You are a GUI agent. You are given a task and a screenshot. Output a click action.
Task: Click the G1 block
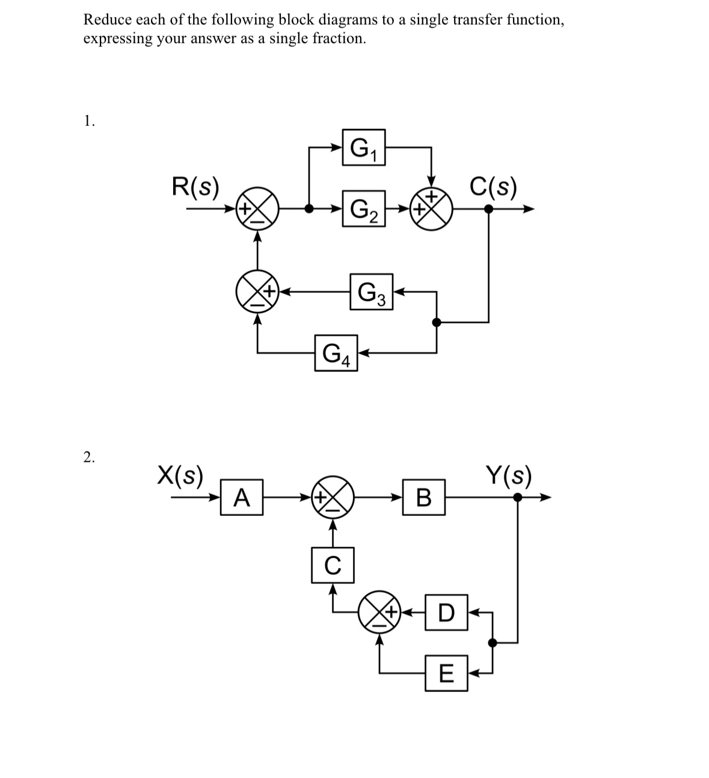(x=363, y=147)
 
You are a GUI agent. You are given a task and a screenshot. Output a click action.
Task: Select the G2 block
(x=363, y=209)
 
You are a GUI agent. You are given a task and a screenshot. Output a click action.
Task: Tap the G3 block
(x=371, y=292)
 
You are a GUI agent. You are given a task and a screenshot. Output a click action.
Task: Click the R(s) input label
(x=195, y=186)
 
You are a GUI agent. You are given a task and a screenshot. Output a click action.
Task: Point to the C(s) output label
(x=493, y=187)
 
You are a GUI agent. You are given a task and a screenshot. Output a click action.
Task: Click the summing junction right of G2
(x=431, y=209)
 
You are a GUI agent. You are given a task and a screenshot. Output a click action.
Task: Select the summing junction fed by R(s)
(x=257, y=209)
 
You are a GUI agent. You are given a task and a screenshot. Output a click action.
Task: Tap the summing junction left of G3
(x=257, y=292)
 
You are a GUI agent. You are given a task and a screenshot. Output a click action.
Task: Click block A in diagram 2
(x=241, y=497)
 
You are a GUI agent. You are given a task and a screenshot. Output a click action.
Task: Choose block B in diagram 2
(x=424, y=497)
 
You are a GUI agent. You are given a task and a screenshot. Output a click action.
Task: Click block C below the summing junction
(x=333, y=565)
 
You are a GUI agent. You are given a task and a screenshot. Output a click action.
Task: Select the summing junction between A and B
(x=333, y=497)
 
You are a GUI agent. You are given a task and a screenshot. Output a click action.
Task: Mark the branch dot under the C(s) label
(x=488, y=209)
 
